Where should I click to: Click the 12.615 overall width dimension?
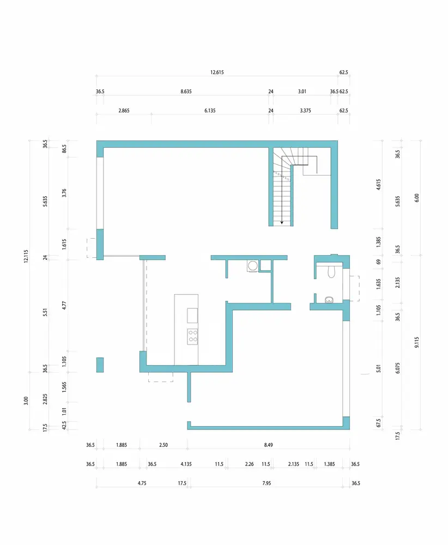[x=217, y=72]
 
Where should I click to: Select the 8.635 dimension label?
[x=186, y=92]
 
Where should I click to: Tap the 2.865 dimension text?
[x=124, y=111]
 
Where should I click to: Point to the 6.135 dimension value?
[x=210, y=111]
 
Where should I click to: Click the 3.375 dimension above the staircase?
[x=306, y=111]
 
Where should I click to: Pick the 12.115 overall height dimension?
[x=26, y=256]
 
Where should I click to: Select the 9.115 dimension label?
[x=417, y=342]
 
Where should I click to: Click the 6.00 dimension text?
[x=417, y=198]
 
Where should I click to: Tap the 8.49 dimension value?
[x=268, y=445]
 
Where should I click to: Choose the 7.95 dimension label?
[x=267, y=483]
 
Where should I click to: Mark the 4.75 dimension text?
[x=142, y=483]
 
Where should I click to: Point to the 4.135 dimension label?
[x=186, y=464]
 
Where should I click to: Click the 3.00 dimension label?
[x=26, y=401]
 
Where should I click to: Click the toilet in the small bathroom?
[x=331, y=271]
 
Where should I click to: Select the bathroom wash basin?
[x=329, y=300]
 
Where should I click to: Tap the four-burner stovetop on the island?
[x=192, y=336]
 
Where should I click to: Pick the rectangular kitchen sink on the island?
[x=192, y=316]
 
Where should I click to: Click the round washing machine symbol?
[x=253, y=266]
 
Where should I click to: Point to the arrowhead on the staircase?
[x=282, y=222]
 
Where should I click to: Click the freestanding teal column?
[x=100, y=365]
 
